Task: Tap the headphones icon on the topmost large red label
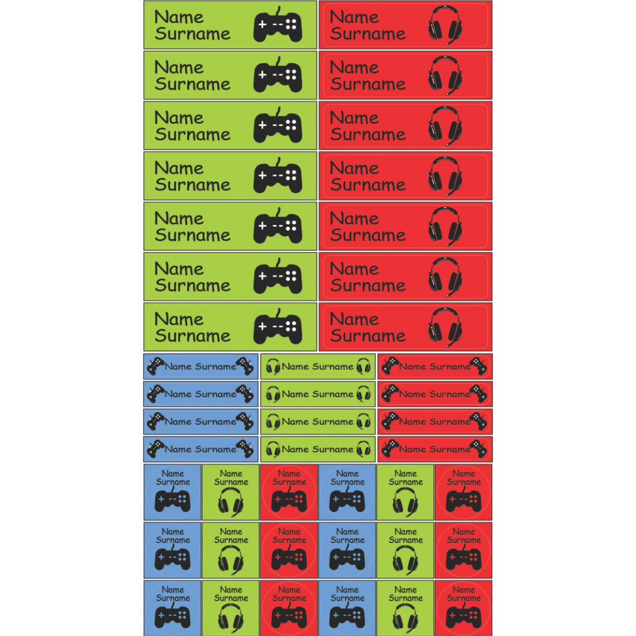coord(445,25)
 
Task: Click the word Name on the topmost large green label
coord(179,17)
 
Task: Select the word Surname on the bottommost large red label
coord(368,336)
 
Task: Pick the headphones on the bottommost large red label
coord(445,327)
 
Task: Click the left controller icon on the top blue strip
coord(155,366)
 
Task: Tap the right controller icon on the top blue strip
coord(245,366)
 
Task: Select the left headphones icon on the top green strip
coord(273,367)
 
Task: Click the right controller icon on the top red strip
coord(479,366)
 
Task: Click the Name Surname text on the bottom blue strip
coord(200,449)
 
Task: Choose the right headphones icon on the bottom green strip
coord(363,449)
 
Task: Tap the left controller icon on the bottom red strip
coord(389,449)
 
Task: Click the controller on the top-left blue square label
coord(173,501)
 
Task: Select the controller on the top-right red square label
coord(463,501)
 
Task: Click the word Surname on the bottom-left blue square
coord(173,598)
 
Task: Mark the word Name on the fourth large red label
coord(355,168)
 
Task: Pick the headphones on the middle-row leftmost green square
coord(231,559)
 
